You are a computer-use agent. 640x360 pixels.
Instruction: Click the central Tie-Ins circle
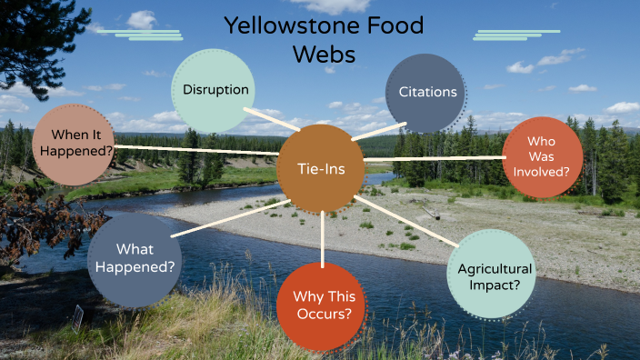(x=322, y=168)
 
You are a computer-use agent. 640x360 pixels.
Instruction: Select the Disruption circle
(x=215, y=90)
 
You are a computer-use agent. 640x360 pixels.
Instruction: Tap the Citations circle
(x=426, y=92)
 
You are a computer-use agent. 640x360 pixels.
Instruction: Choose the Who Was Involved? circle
(x=543, y=156)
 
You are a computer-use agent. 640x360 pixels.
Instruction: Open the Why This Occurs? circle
(x=322, y=305)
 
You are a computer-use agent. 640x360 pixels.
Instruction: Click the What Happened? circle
(x=135, y=259)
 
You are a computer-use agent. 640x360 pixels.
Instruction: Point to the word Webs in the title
(x=324, y=55)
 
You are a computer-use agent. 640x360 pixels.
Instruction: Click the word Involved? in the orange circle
(x=543, y=171)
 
